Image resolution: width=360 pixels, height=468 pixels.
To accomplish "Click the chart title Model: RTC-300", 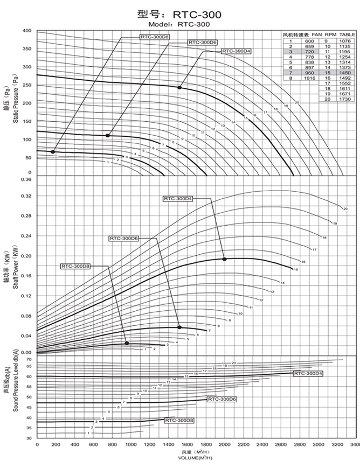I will [180, 24].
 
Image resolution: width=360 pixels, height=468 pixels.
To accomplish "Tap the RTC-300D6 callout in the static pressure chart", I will [202, 42].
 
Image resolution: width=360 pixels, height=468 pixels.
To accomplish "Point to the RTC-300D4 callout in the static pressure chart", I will [236, 51].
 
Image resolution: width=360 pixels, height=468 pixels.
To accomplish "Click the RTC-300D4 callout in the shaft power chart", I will [178, 199].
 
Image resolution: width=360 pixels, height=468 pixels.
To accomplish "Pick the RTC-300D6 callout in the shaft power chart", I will [124, 238].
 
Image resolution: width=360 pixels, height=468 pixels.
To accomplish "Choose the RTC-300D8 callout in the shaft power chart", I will [76, 266].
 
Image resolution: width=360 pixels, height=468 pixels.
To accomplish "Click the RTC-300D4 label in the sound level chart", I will [308, 373].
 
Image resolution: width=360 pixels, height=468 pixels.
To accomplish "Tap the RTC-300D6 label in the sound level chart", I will [222, 399].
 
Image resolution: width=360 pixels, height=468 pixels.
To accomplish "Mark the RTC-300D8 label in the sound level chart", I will [179, 420].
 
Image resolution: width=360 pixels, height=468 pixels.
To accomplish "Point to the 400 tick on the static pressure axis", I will [27, 31].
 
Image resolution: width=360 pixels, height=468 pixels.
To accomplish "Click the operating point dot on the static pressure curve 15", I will [179, 87].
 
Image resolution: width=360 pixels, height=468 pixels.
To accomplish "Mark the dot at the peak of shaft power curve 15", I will [224, 259].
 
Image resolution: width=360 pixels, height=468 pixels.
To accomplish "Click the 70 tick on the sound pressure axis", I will [29, 359].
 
